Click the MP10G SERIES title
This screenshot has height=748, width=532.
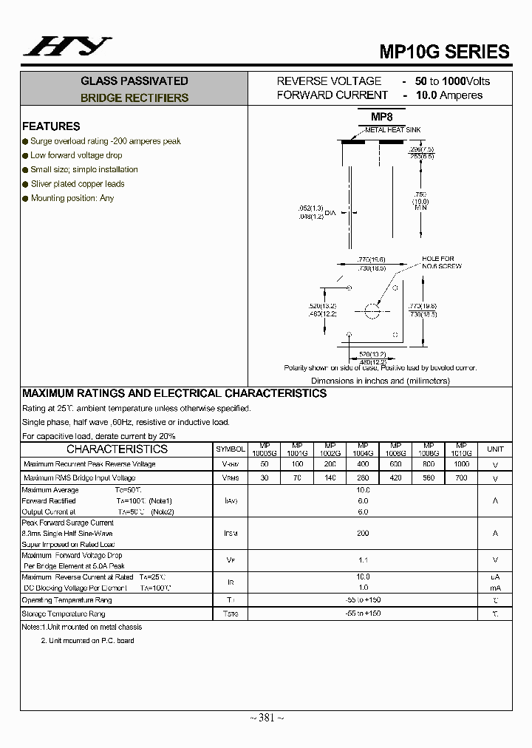click(x=444, y=52)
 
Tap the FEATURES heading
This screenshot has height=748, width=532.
click(x=51, y=126)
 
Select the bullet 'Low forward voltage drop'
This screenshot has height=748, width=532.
click(x=76, y=155)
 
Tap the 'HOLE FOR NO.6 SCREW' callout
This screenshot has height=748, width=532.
click(x=442, y=262)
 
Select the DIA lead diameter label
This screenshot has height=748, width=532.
click(x=330, y=213)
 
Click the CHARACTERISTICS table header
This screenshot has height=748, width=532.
click(x=117, y=449)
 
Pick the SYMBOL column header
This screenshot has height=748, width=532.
click(x=230, y=449)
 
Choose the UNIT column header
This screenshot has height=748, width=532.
click(x=495, y=449)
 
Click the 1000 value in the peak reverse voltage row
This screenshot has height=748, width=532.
click(x=461, y=464)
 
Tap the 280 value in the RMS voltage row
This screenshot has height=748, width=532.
click(x=363, y=478)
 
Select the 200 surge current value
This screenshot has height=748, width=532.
click(x=363, y=533)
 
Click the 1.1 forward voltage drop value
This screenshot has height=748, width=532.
click(x=363, y=560)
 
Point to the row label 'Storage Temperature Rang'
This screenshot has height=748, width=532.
click(x=64, y=614)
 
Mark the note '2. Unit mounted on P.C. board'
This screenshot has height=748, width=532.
click(x=87, y=641)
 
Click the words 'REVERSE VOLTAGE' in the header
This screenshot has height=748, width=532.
click(x=329, y=81)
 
